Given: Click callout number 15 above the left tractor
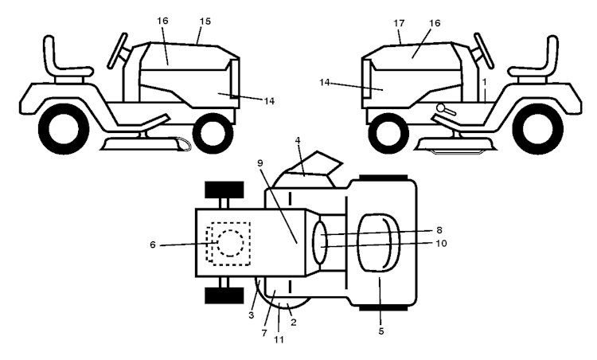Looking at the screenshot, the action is click(x=205, y=22).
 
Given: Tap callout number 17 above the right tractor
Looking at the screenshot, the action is click(x=399, y=23).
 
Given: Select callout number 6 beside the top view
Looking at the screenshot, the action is click(x=153, y=245).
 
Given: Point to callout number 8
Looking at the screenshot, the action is click(x=439, y=230).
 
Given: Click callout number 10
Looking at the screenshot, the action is click(x=441, y=243).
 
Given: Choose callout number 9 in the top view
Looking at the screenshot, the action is click(x=260, y=163).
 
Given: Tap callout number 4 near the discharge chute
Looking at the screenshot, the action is click(x=298, y=140).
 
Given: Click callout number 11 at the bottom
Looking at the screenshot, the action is click(x=279, y=339).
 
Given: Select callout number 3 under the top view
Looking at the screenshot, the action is click(x=251, y=315).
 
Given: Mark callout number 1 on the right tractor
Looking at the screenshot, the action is click(x=484, y=81).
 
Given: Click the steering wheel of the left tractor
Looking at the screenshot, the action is click(x=117, y=51).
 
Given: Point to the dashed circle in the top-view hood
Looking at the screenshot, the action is click(x=230, y=243).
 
